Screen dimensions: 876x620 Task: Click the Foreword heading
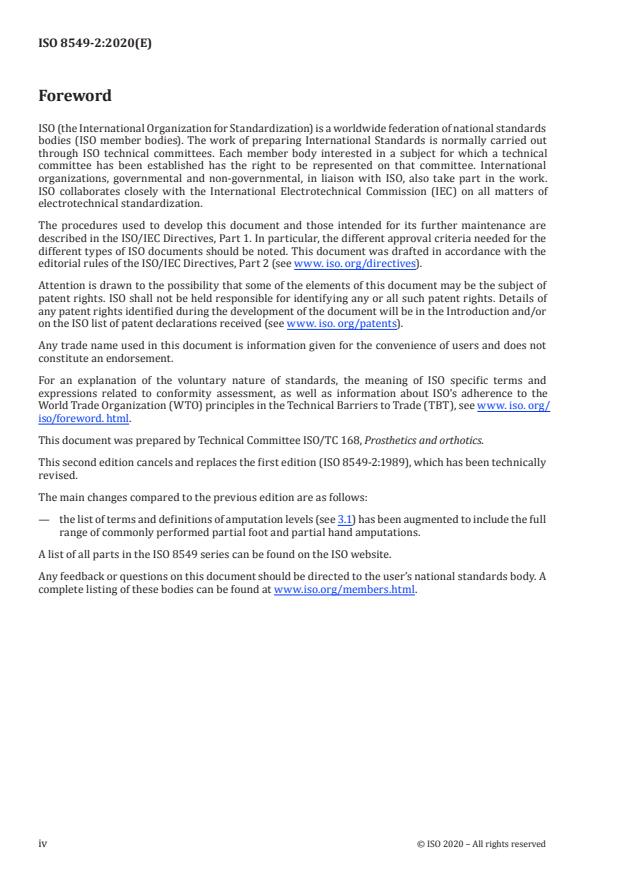point(74,96)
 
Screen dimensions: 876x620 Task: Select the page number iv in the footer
point(42,843)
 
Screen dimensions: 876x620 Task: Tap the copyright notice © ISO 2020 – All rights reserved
point(481,843)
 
